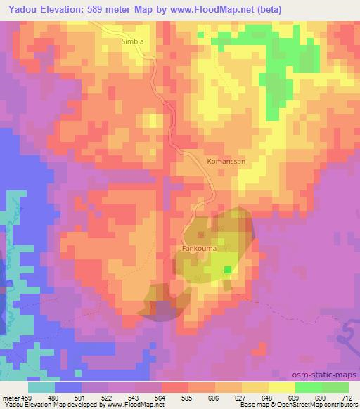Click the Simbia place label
coord(132,41)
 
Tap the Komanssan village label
coord(226,161)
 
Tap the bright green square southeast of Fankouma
coord(226,269)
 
